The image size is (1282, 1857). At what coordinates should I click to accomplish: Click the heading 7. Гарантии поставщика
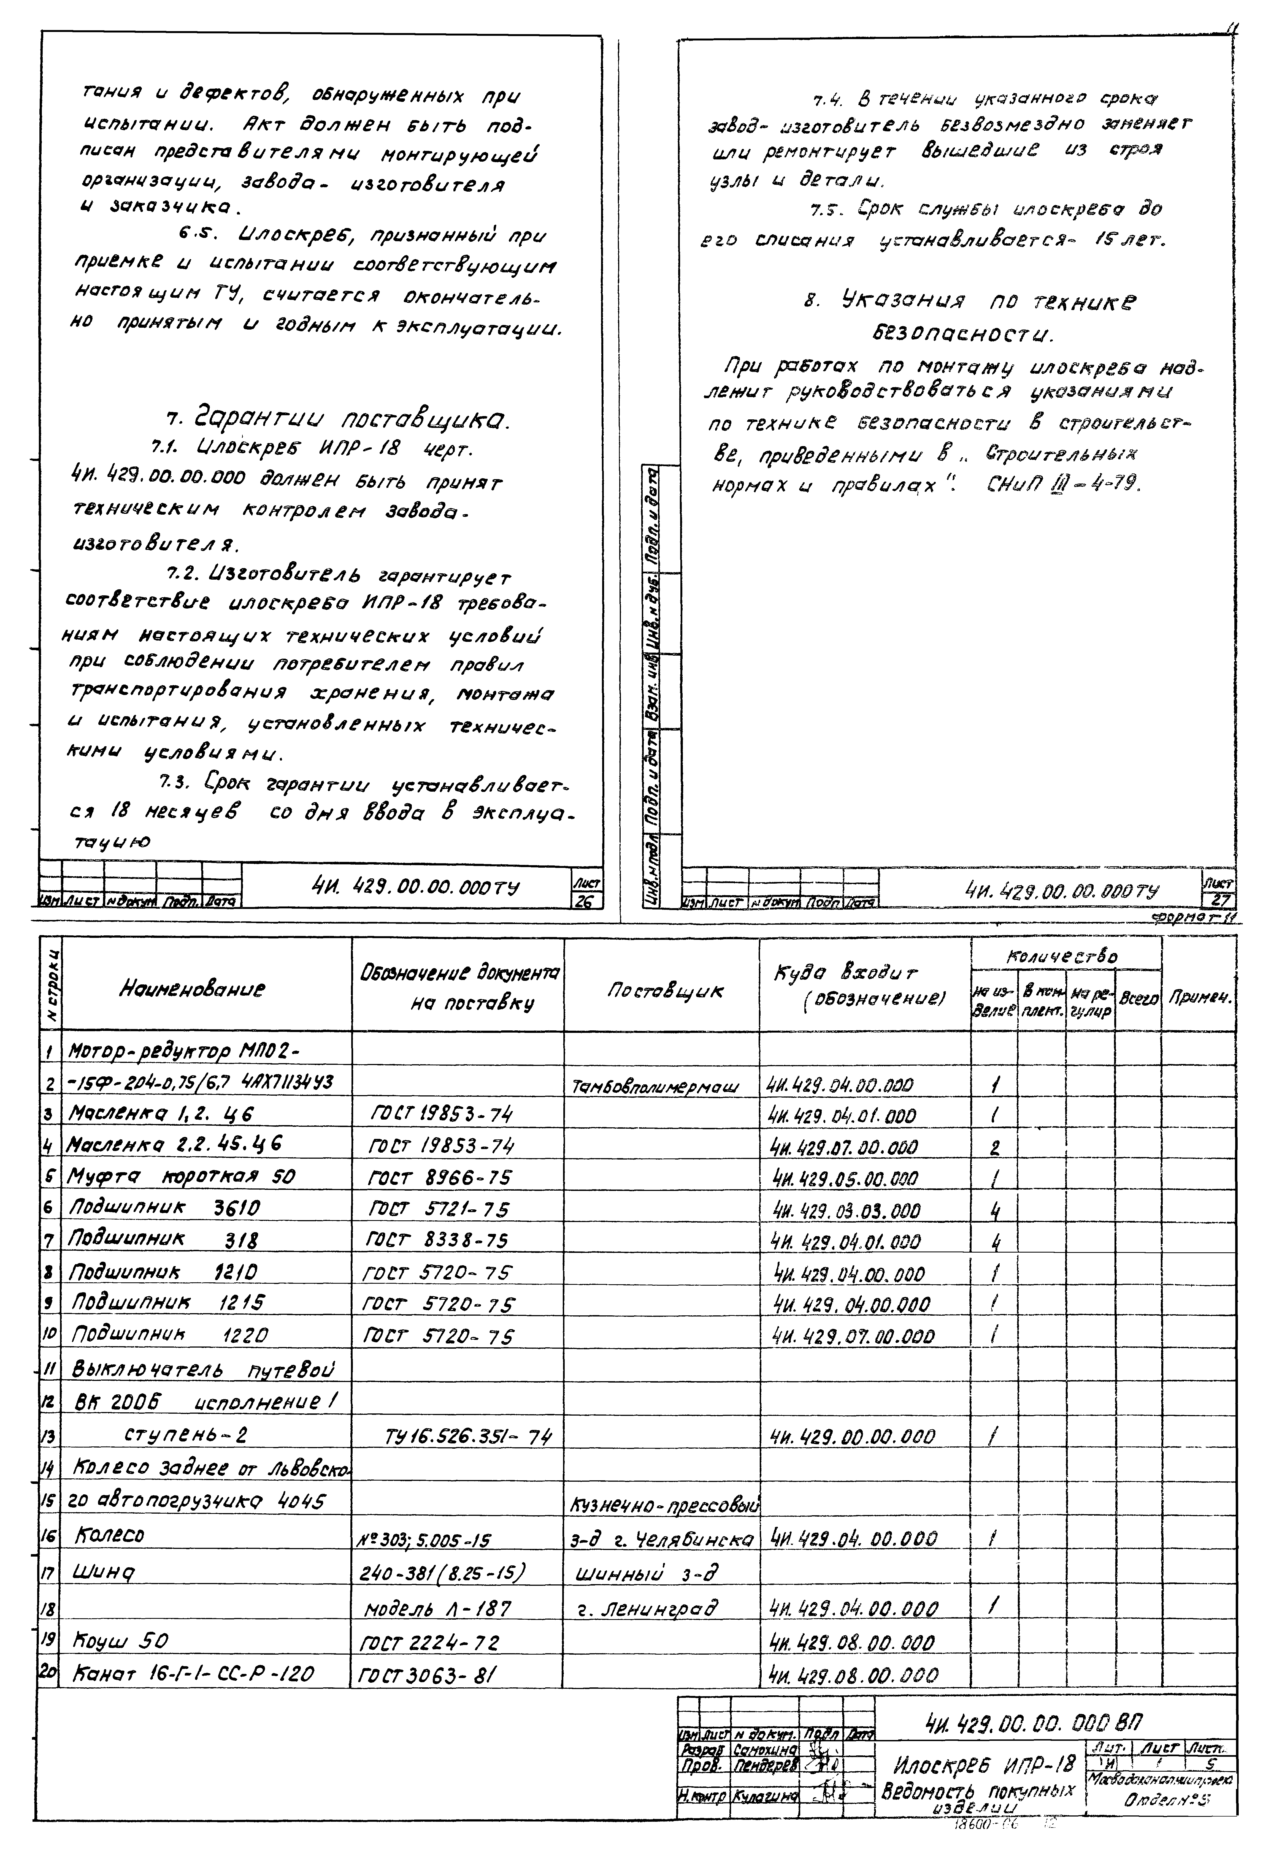pyautogui.click(x=337, y=420)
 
